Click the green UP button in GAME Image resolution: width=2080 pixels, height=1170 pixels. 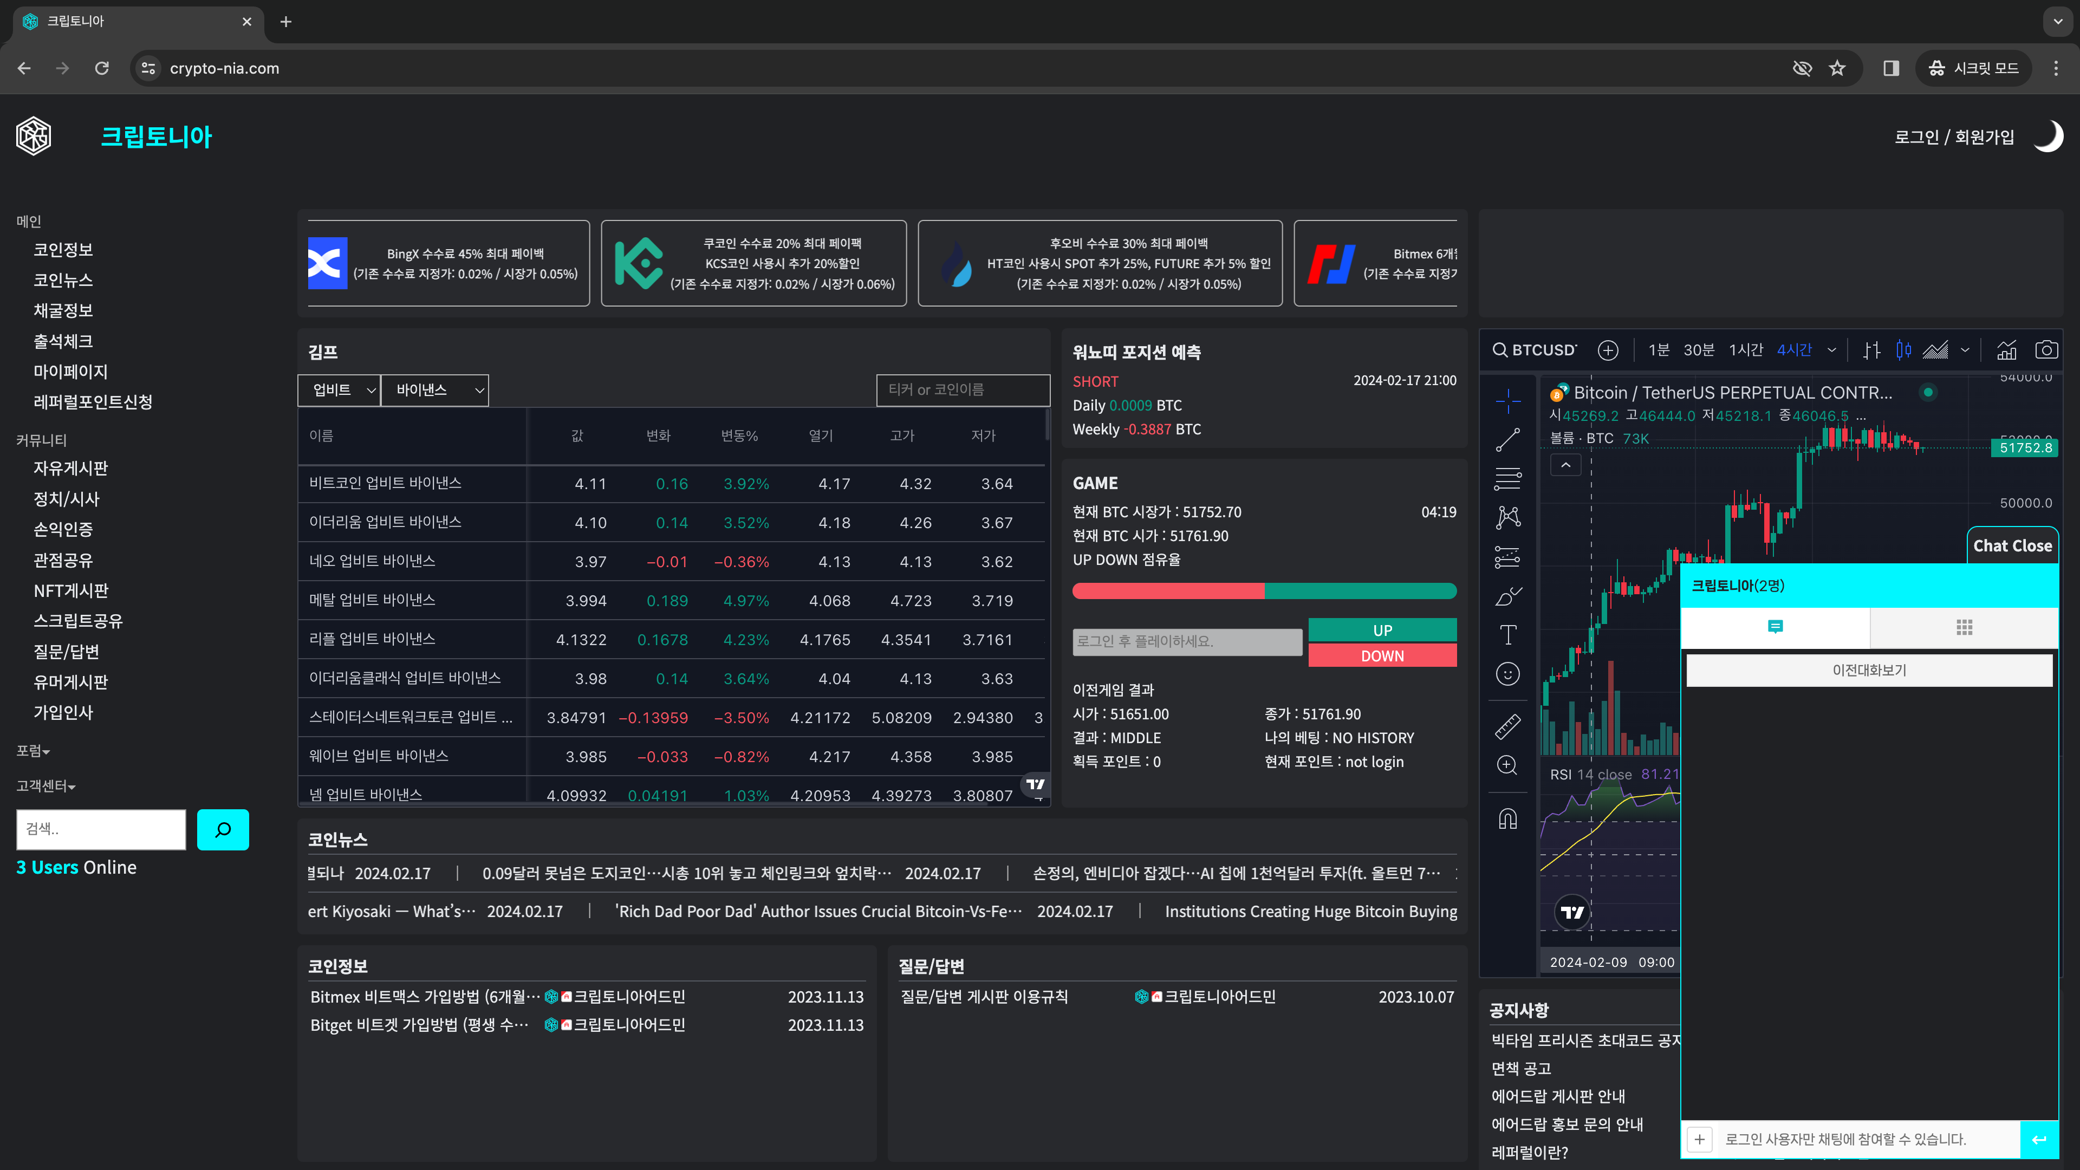pos(1382,630)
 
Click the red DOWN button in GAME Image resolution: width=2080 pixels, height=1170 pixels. pos(1382,655)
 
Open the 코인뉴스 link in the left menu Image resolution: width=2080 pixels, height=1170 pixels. pos(63,280)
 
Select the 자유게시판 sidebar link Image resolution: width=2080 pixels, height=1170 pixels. pos(70,469)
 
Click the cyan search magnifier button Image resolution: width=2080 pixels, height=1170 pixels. pos(223,829)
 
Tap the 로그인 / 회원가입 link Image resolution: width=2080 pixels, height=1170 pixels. pos(1953,137)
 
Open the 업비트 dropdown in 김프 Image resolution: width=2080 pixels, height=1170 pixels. pos(339,390)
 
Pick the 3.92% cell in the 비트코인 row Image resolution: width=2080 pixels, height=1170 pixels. pos(745,484)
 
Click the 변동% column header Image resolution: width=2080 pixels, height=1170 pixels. pos(739,436)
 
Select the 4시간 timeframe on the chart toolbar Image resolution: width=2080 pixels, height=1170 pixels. pos(1794,349)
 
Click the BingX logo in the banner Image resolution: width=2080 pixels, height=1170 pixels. pos(328,263)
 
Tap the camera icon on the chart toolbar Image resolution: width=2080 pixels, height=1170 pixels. pos(2045,349)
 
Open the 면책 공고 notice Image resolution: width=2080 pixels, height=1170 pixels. pos(1521,1068)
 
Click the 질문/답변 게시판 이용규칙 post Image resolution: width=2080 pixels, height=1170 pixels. pos(984,997)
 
